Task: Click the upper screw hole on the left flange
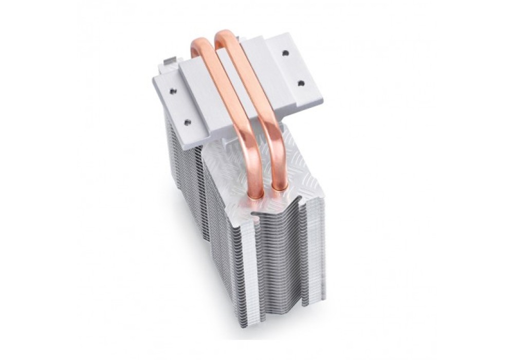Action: click(x=173, y=92)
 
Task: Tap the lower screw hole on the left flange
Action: click(x=187, y=122)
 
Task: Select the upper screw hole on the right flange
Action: click(x=285, y=52)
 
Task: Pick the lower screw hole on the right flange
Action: click(x=301, y=83)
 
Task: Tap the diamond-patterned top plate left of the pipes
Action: click(x=226, y=165)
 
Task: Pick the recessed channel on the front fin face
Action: click(x=278, y=257)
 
